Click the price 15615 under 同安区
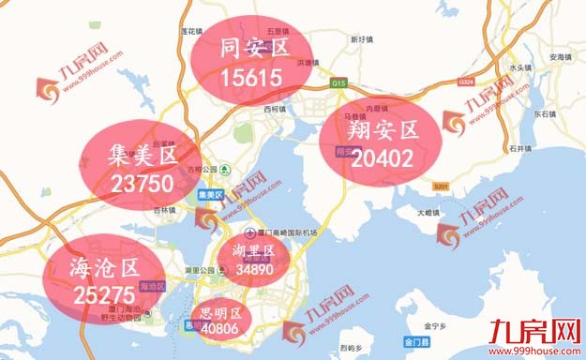(250, 80)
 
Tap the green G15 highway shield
(338, 83)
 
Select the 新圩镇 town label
(362, 39)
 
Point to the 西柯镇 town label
(272, 111)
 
